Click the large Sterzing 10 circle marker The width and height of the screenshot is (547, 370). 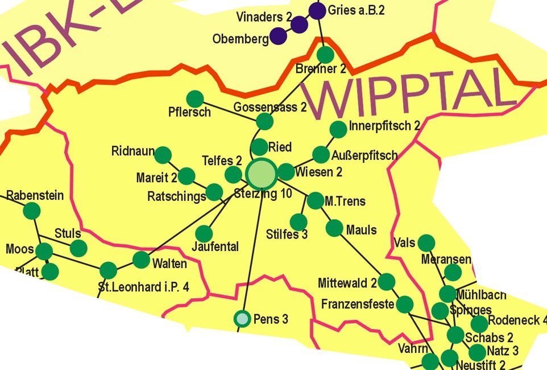point(262,172)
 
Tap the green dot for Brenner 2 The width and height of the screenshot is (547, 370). point(325,55)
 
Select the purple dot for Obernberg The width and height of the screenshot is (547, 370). point(278,36)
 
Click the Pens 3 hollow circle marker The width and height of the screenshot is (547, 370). point(243,319)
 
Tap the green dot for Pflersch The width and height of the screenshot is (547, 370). point(195,99)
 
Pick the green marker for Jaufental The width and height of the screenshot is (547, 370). point(204,233)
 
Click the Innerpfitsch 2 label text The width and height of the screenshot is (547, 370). point(384,126)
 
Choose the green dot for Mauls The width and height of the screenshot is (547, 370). point(334,228)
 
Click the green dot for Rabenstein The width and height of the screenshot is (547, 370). point(31,211)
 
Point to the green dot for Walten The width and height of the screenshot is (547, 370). point(141,260)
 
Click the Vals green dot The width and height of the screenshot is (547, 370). point(426,243)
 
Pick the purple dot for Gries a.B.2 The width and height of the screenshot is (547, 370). point(317,10)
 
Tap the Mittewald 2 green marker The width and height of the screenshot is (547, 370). point(387,282)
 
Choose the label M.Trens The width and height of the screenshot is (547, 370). point(345,202)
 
